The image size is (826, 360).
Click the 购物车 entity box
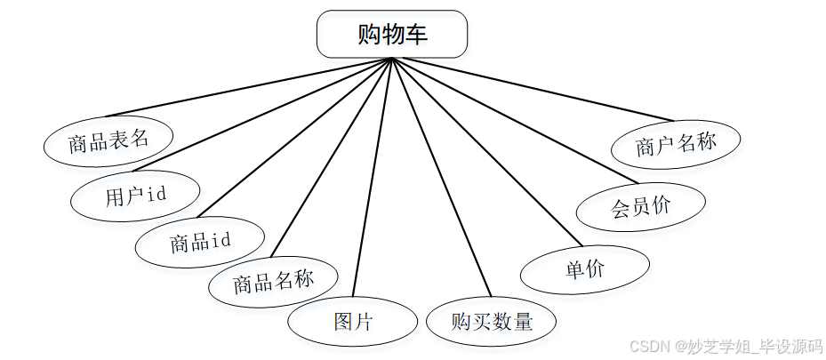point(391,34)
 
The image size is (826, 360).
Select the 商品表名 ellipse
point(108,140)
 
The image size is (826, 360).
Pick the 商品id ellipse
point(200,241)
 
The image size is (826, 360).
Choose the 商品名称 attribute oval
point(273,283)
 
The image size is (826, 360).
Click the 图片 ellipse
point(353,321)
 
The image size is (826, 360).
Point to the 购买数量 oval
point(491,321)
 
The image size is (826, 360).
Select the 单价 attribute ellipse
point(584,269)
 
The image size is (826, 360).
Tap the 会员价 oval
point(640,208)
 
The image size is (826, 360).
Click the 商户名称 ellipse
point(676,145)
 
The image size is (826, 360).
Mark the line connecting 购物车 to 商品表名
point(249,87)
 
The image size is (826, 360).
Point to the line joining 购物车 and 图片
point(373,178)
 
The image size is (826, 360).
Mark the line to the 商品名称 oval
point(331,158)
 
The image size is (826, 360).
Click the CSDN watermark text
point(724,346)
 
